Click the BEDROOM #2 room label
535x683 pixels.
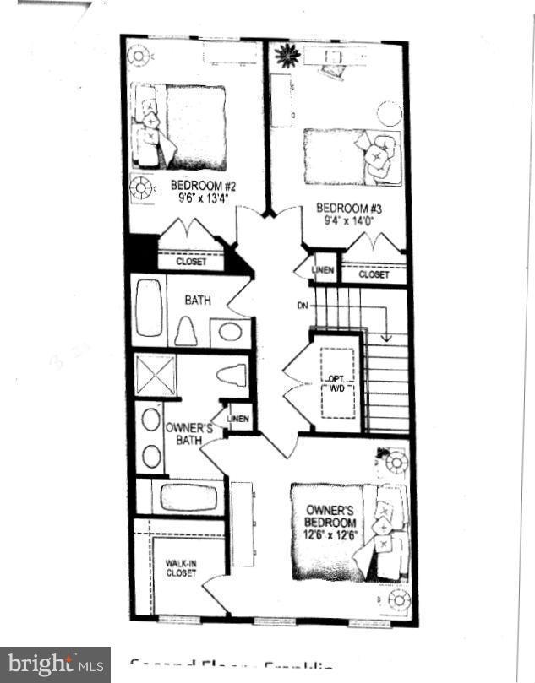[197, 186]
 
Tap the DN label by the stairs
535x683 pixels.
[302, 306]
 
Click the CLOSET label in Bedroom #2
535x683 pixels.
[191, 262]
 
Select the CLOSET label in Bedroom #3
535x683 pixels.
[373, 274]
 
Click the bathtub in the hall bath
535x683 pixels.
[150, 310]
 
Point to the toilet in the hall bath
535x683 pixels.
[186, 330]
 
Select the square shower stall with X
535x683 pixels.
[156, 376]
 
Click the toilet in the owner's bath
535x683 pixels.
[231, 375]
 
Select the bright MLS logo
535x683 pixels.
[55, 664]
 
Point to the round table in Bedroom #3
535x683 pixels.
[389, 113]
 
